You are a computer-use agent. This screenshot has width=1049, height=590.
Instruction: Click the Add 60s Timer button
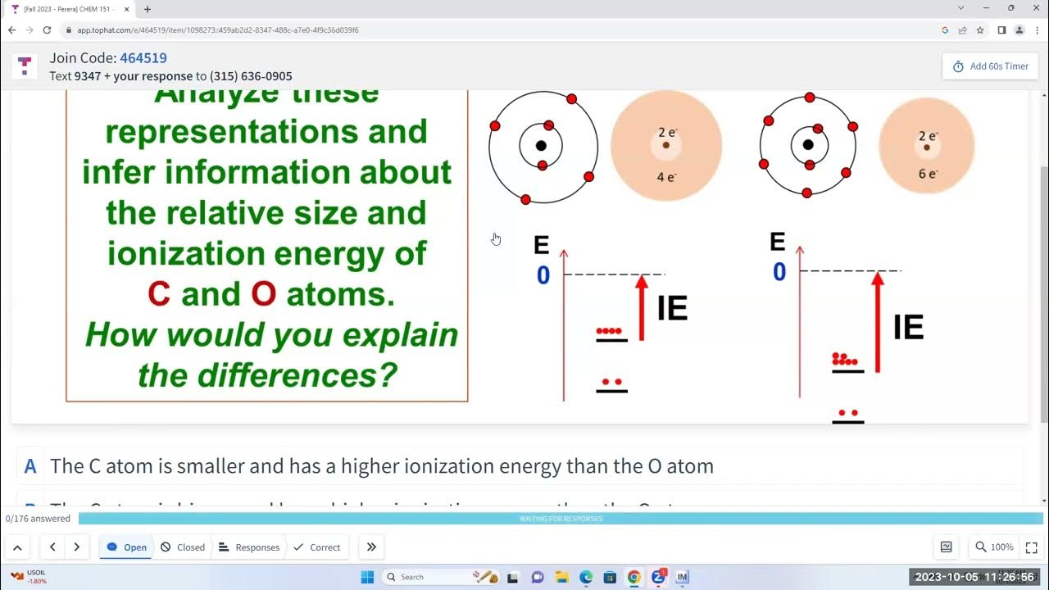[990, 66]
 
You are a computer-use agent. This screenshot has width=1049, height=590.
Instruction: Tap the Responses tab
[249, 547]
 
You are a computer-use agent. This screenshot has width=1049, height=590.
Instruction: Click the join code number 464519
[143, 58]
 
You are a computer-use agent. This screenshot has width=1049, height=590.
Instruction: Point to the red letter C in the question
[159, 294]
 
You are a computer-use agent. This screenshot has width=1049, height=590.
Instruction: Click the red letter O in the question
[263, 294]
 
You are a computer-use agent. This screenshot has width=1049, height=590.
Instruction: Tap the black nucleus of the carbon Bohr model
[541, 146]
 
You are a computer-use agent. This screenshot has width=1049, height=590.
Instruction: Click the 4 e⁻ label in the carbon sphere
[666, 176]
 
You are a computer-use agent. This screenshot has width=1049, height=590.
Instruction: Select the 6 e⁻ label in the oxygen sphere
[927, 174]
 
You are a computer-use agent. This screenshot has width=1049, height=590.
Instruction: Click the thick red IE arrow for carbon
[642, 307]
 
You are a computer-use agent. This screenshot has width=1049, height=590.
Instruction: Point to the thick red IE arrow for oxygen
[878, 322]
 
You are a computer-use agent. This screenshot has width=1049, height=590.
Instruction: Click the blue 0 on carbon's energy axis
[543, 276]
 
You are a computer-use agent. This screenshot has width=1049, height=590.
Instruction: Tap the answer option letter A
[30, 466]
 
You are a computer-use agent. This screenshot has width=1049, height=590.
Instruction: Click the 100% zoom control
[993, 547]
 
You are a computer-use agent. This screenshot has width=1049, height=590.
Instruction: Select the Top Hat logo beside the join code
[25, 66]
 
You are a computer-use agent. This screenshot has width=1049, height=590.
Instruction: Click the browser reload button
[47, 30]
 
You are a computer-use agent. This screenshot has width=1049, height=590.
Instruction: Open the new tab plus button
[147, 9]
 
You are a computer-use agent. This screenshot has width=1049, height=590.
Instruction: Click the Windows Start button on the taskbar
[367, 577]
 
